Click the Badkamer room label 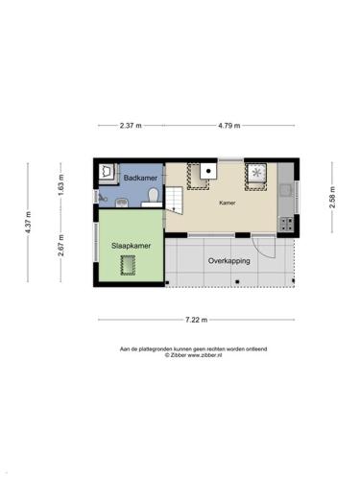click(140, 178)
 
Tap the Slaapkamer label click(131, 246)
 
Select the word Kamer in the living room click(228, 203)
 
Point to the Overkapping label click(228, 261)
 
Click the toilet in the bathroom click(154, 195)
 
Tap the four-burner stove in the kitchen click(286, 224)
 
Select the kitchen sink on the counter click(285, 190)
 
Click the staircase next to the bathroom click(174, 201)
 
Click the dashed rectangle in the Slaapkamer click(128, 265)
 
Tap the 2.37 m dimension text click(131, 126)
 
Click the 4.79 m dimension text click(229, 126)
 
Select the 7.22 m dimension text click(197, 320)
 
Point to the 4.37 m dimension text click(29, 223)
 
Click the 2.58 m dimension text click(332, 197)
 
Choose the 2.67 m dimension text click(61, 246)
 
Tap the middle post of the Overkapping click(237, 282)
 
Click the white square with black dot click(208, 171)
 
